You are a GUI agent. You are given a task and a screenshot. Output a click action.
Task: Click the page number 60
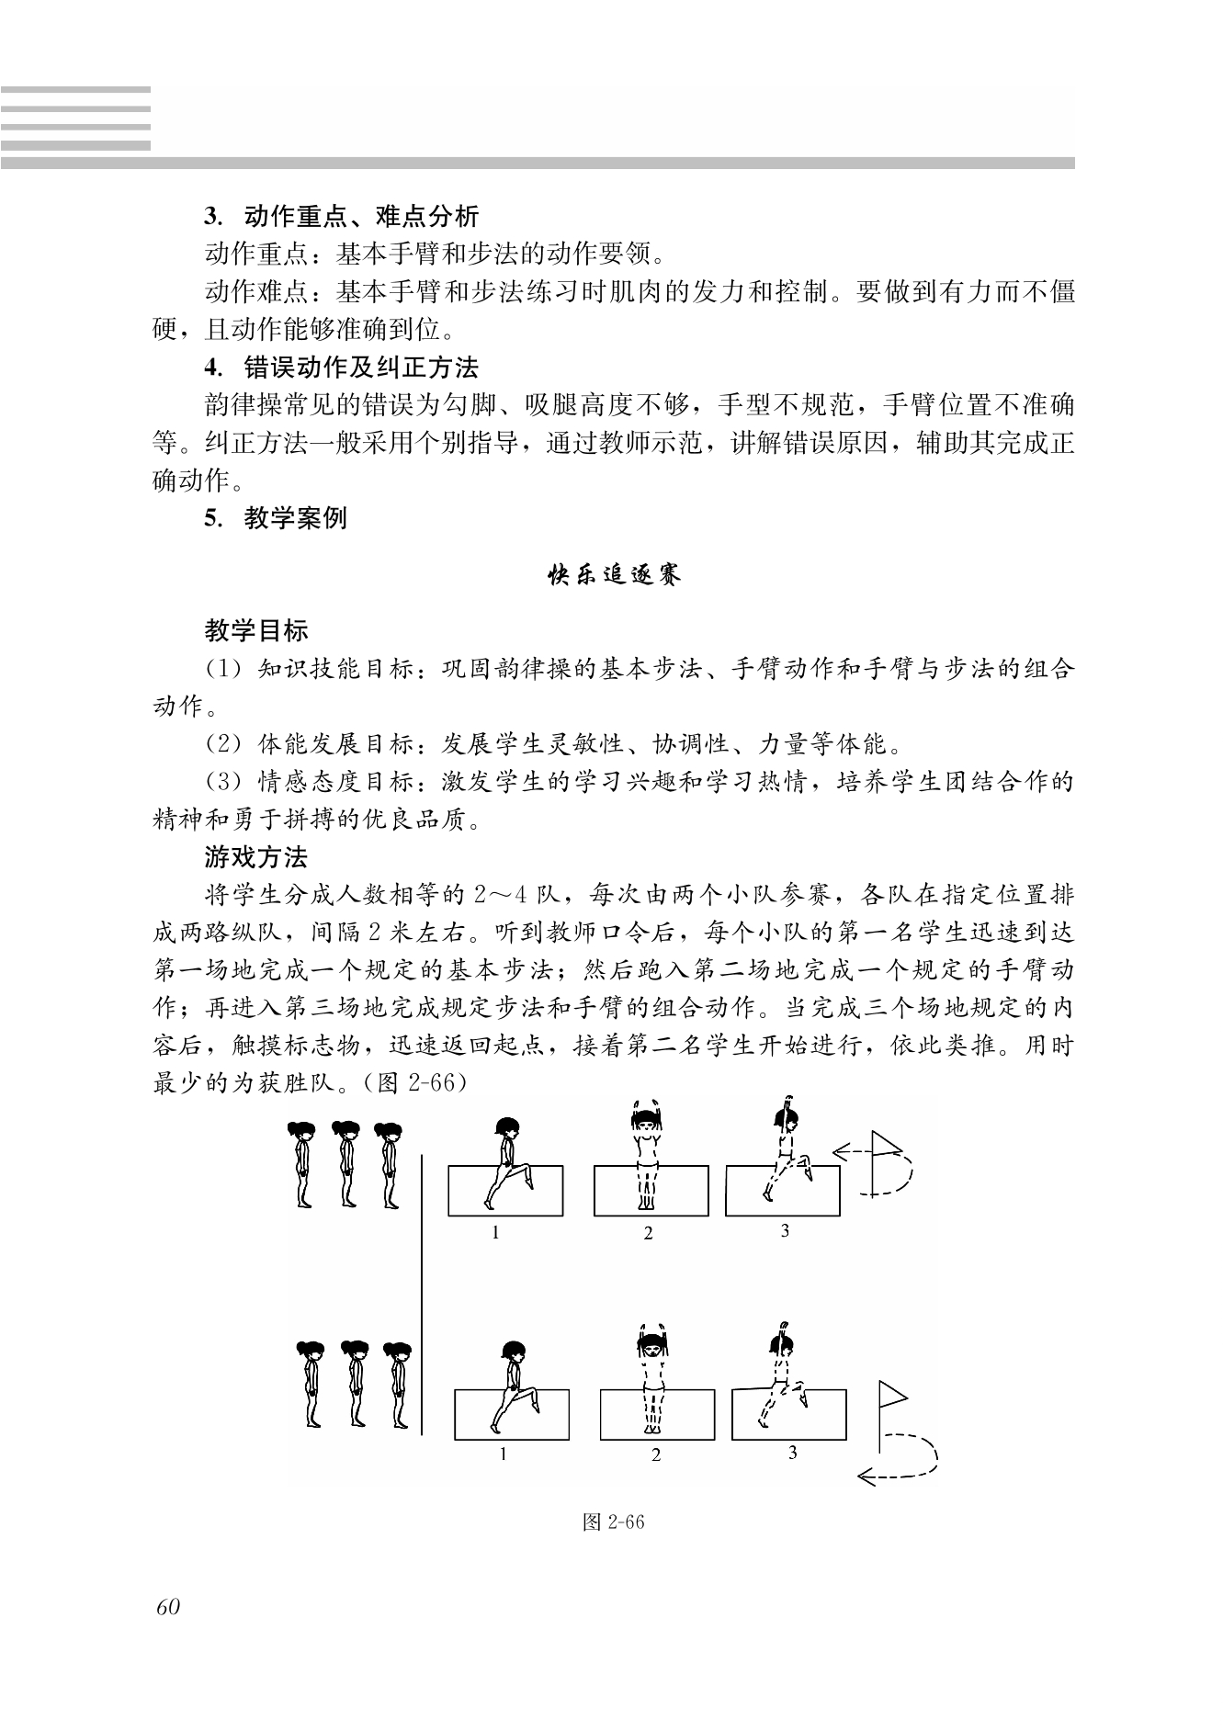(x=168, y=1606)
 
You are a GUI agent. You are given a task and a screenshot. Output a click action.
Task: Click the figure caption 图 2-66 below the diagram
(x=614, y=1522)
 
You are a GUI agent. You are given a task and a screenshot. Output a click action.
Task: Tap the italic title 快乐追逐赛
(x=613, y=576)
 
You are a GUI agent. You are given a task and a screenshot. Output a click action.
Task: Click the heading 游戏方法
(x=256, y=857)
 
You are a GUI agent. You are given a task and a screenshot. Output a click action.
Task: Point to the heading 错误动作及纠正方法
(x=361, y=368)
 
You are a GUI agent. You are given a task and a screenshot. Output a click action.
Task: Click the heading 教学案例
(x=295, y=518)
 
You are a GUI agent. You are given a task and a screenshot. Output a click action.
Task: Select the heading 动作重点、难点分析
(x=361, y=217)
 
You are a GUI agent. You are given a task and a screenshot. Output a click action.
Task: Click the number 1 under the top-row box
(x=495, y=1233)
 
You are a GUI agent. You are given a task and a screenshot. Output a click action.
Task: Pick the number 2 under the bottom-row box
(x=656, y=1455)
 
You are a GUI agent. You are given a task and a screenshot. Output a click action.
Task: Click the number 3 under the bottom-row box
(x=793, y=1454)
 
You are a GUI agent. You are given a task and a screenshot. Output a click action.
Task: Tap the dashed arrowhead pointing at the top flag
(x=839, y=1149)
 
